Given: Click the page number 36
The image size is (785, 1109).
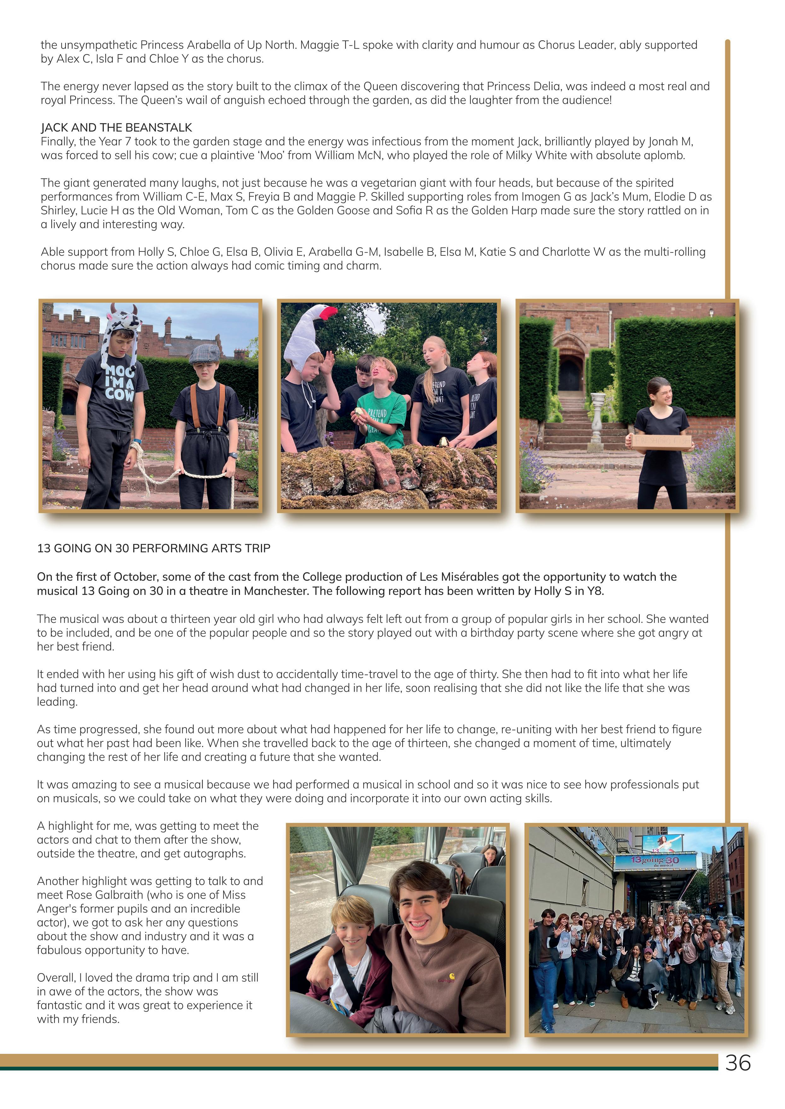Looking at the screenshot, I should (738, 1063).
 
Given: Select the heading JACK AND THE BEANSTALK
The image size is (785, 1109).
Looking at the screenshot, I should (117, 128).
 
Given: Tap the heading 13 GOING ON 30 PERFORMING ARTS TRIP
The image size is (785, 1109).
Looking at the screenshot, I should (154, 548).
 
